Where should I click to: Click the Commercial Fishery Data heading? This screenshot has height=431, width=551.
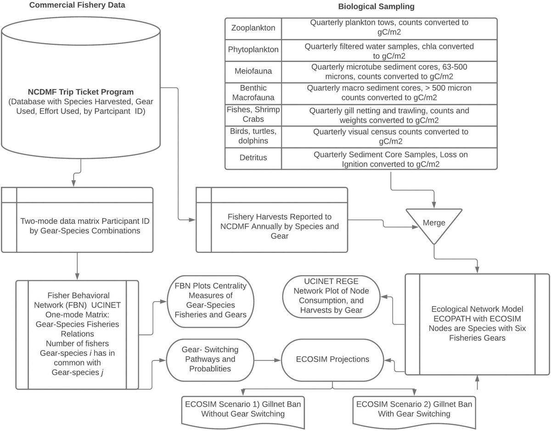pyautogui.click(x=77, y=6)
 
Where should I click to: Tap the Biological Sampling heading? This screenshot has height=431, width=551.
pyautogui.click(x=376, y=6)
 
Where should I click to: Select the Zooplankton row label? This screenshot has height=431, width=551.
pyautogui.click(x=253, y=28)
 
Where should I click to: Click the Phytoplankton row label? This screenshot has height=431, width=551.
pyautogui.click(x=253, y=50)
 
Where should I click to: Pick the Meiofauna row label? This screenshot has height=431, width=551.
pyautogui.click(x=253, y=71)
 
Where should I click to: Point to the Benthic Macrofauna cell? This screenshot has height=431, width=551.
pyautogui.click(x=253, y=93)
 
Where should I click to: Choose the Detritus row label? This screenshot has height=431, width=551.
pyautogui.click(x=253, y=157)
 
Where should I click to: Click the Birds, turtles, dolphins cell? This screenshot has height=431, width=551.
pyautogui.click(x=253, y=136)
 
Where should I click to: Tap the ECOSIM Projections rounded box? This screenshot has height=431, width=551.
pyautogui.click(x=332, y=359)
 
